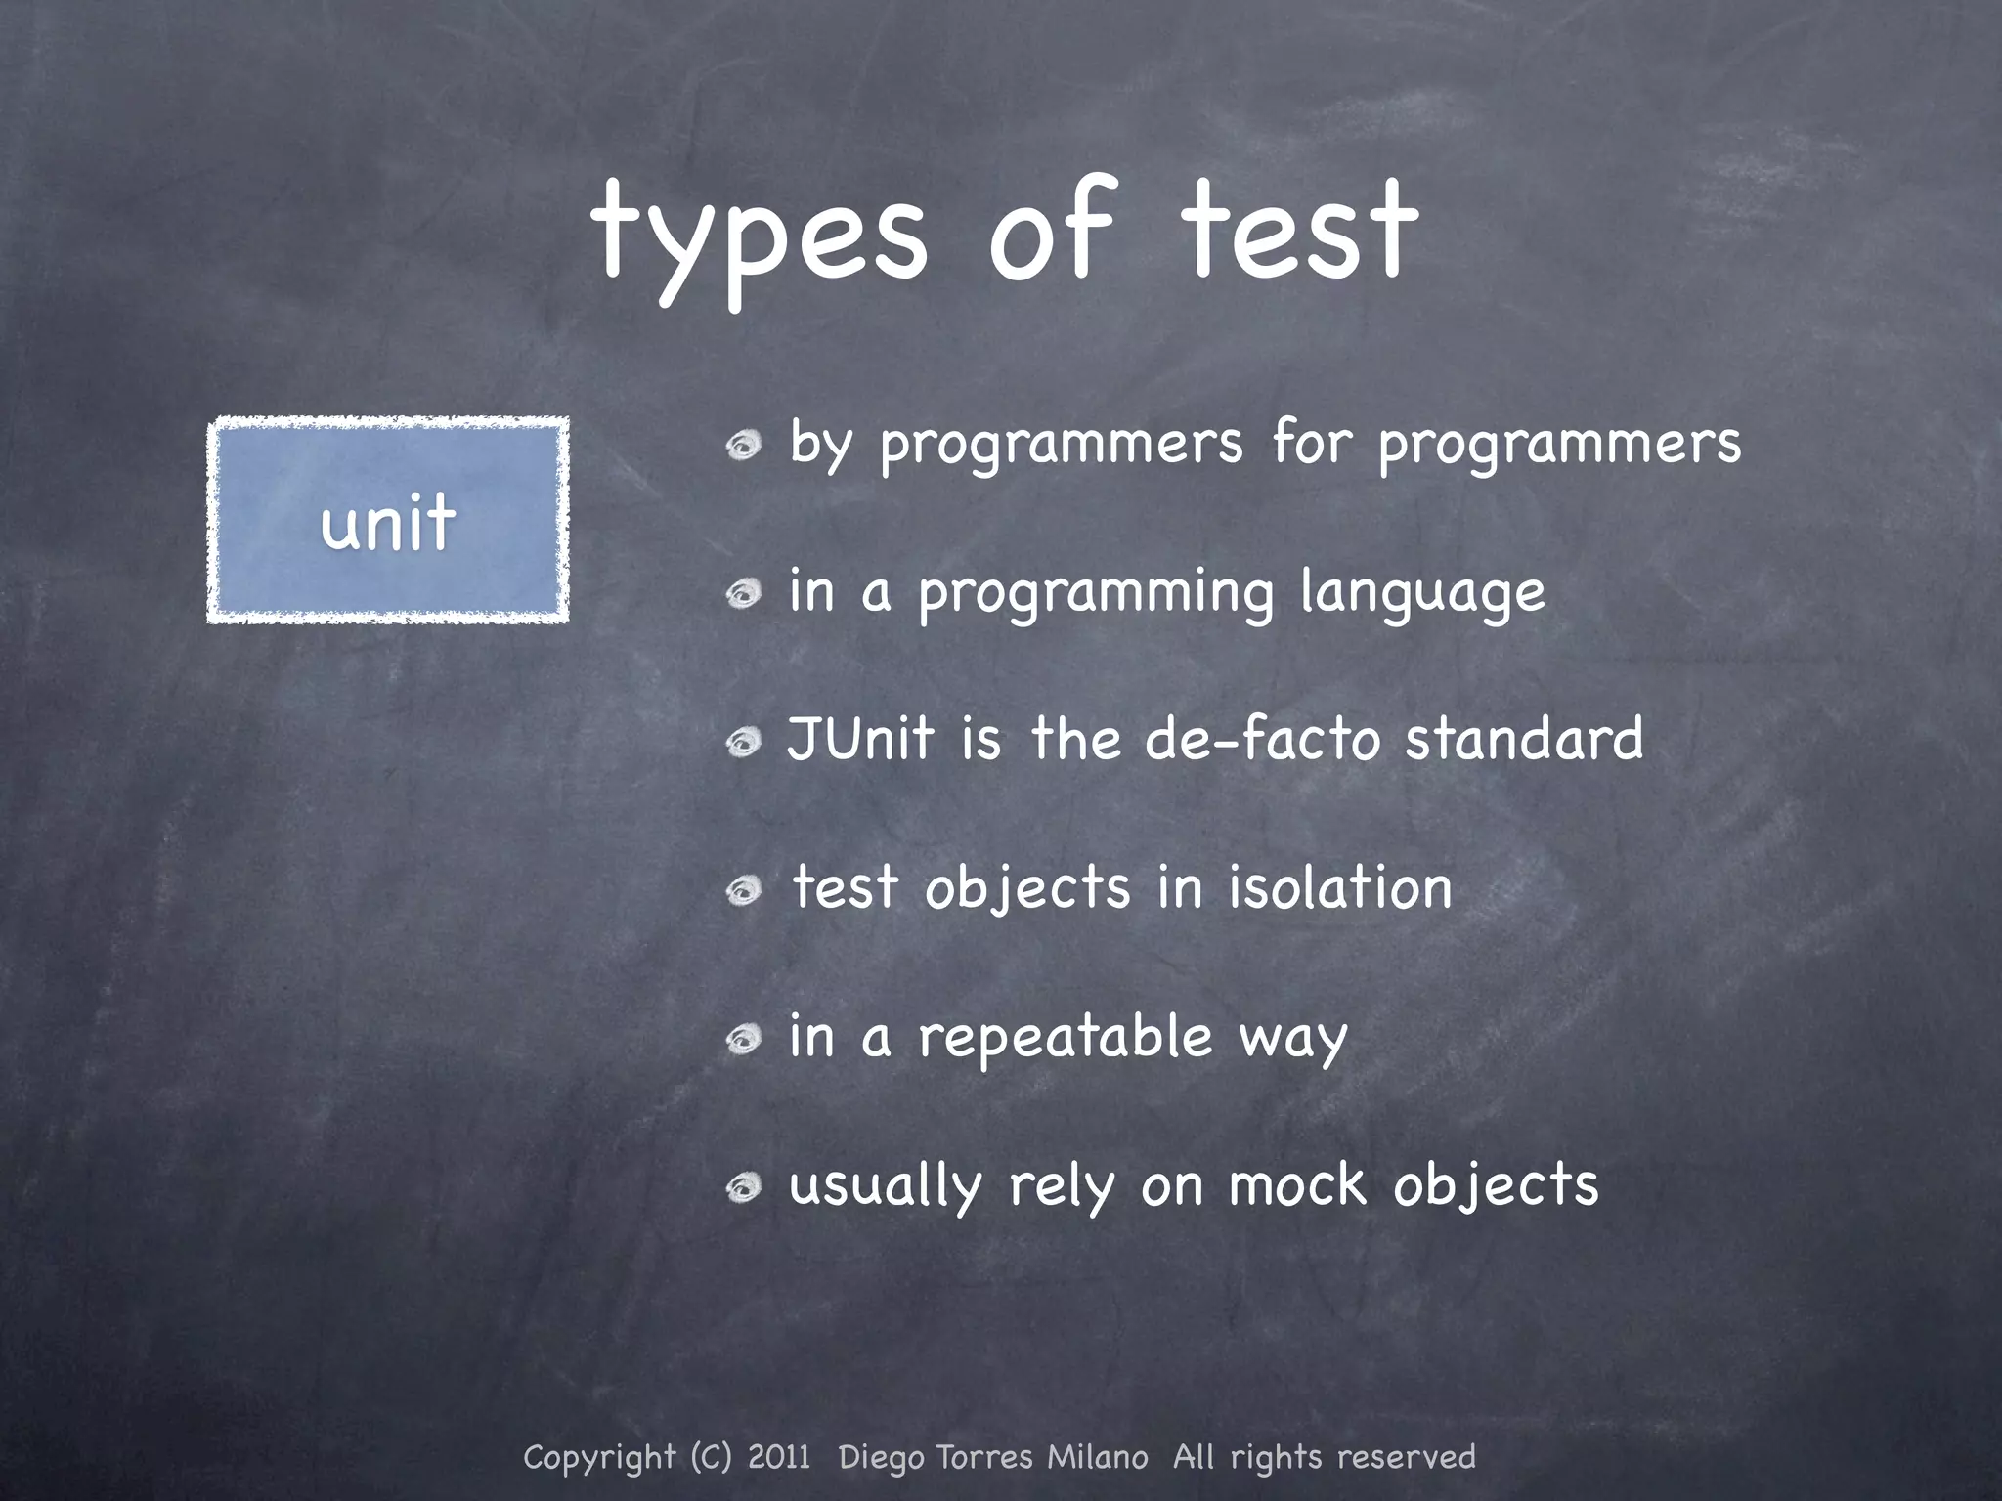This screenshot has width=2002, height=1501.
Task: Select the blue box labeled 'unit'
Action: coord(388,520)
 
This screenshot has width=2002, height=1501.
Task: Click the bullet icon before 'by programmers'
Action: coord(744,447)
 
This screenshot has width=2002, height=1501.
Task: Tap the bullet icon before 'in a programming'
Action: coord(744,594)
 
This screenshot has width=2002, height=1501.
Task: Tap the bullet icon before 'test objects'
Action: coord(744,890)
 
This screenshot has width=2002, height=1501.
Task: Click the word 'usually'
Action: coord(885,1186)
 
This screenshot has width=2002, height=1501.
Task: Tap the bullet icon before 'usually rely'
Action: coord(744,1187)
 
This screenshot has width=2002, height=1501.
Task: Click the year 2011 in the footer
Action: coord(779,1457)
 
